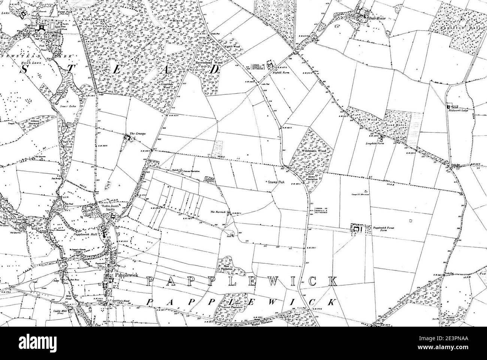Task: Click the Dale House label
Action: [376, 18]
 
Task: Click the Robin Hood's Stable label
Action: [108, 208]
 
